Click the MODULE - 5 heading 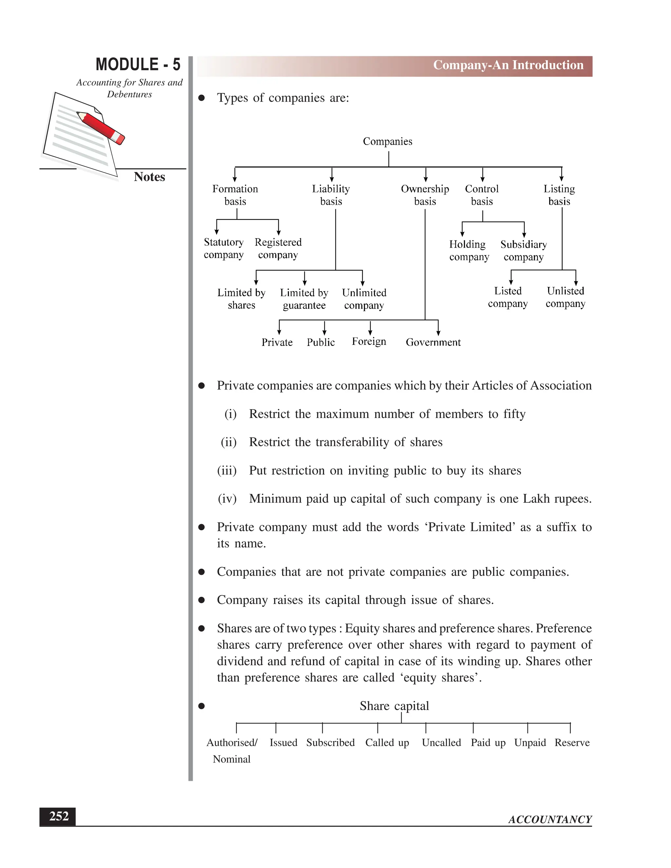(138, 65)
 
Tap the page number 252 (58, 816)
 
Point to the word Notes (149, 177)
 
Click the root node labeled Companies (387, 142)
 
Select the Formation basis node (235, 195)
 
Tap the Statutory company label (223, 248)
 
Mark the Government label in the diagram (433, 342)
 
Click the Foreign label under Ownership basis (369, 341)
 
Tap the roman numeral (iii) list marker (227, 471)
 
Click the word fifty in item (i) (514, 414)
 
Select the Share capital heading (394, 706)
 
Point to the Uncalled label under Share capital (441, 743)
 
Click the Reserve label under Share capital (572, 743)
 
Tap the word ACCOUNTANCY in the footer (550, 820)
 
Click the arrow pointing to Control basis (482, 175)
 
